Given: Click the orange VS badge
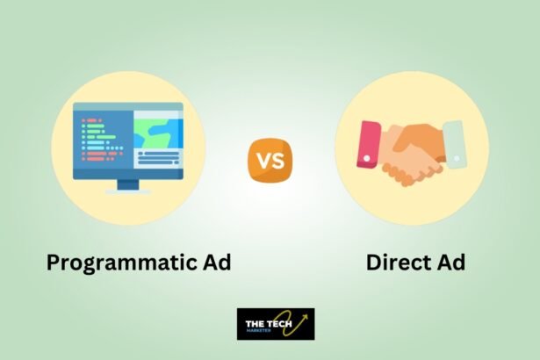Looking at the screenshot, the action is click(270, 160).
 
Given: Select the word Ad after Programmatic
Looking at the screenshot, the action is click(216, 263).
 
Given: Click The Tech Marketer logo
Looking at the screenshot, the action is click(276, 324).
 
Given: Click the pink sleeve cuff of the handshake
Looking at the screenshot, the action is click(369, 145).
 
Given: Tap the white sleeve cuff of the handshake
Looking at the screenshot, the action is click(454, 144).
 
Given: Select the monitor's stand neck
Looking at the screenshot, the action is click(128, 184).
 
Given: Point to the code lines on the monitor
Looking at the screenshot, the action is click(102, 140).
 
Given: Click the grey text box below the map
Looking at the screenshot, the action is click(158, 158).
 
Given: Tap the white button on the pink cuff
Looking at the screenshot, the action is click(367, 158).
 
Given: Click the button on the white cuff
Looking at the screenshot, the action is click(457, 158).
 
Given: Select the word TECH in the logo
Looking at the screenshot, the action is click(280, 324).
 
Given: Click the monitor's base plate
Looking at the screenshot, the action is click(128, 192).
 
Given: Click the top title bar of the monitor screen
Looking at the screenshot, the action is click(128, 107).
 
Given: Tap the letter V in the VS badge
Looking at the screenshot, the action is click(263, 161).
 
